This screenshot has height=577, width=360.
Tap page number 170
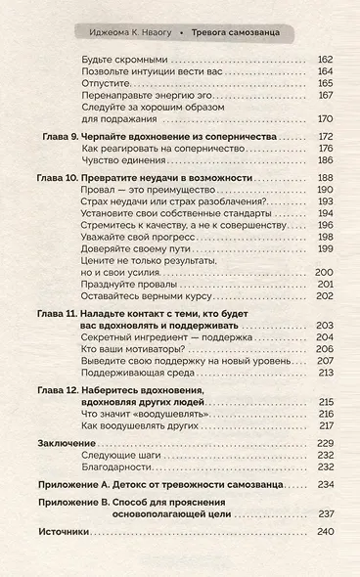[325, 120]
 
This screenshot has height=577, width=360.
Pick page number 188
[325, 179]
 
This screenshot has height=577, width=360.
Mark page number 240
[325, 532]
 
